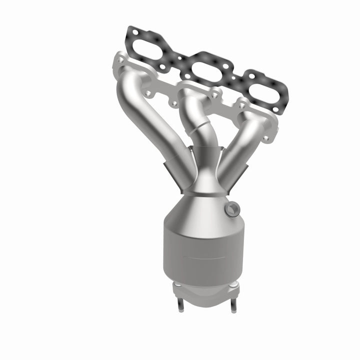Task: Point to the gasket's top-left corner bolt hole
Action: click(131, 31)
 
